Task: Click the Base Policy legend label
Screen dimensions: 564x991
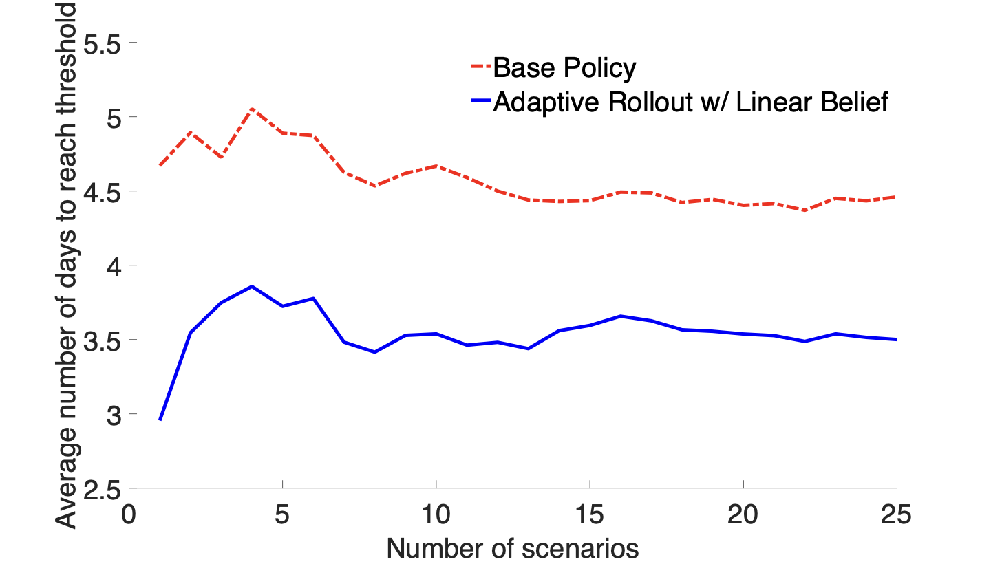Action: click(564, 68)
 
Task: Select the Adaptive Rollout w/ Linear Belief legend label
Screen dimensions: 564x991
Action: click(690, 102)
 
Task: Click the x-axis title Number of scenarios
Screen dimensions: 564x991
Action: click(513, 548)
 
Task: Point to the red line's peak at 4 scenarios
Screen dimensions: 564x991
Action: click(252, 109)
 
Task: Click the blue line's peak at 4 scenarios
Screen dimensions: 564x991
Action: click(252, 286)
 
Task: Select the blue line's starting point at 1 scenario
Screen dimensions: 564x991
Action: click(160, 420)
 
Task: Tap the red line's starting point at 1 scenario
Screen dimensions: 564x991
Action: click(160, 166)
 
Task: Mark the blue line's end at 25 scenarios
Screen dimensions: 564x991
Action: click(896, 339)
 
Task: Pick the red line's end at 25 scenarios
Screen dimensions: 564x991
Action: click(896, 197)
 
